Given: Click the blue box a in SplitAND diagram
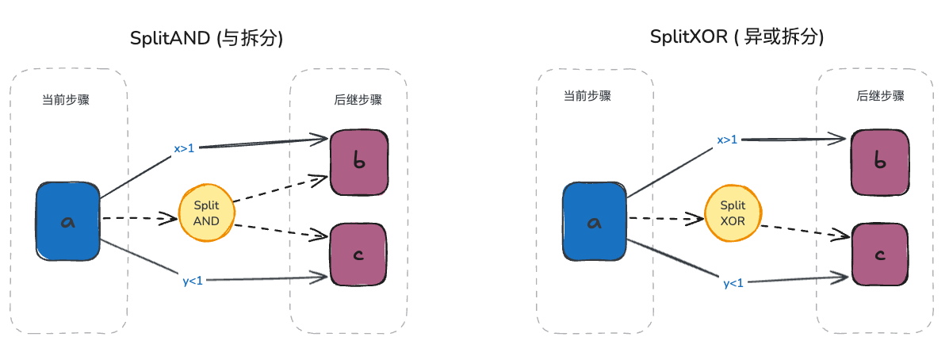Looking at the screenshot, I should click(68, 222).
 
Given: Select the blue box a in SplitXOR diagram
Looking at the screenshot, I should click(595, 222).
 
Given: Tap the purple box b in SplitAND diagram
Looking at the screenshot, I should click(358, 163).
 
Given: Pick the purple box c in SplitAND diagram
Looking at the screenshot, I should click(358, 255).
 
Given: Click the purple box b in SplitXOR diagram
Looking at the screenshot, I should click(878, 163).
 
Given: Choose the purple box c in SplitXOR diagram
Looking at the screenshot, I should click(878, 255).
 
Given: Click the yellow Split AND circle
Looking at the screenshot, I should click(206, 213).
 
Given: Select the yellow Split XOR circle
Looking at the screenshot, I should click(733, 213).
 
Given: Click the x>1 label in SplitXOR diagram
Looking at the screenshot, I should click(727, 140).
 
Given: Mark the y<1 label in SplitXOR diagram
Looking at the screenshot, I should click(733, 283).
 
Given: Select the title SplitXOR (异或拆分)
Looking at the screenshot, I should click(736, 37).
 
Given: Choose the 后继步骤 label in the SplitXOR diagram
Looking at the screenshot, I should click(880, 96).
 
